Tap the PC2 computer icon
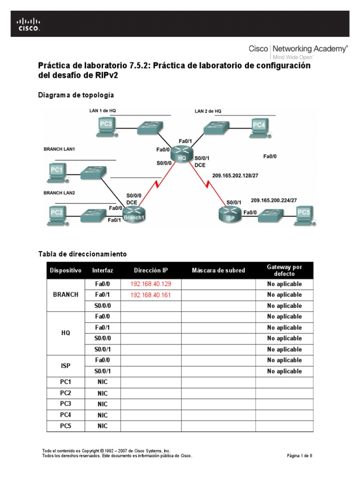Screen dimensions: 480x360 click(x=57, y=215)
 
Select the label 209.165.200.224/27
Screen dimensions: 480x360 click(x=274, y=200)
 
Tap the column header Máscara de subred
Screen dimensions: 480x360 click(x=218, y=270)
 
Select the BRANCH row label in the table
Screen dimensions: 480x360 click(x=66, y=295)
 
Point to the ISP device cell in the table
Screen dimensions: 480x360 click(x=66, y=366)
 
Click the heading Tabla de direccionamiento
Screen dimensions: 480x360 click(x=82, y=254)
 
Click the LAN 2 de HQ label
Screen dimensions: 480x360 click(x=208, y=111)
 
